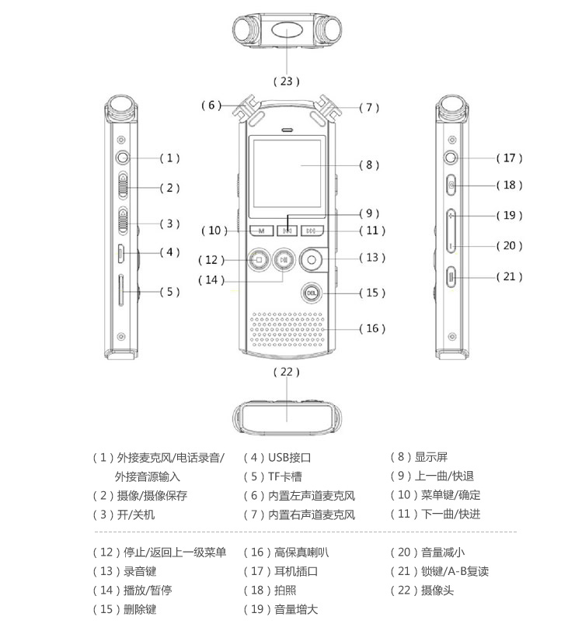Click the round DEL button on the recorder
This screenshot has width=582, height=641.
pos(311,293)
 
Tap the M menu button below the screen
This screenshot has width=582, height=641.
pos(261,230)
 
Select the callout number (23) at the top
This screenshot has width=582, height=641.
pos(287,81)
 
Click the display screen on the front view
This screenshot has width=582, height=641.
pos(287,175)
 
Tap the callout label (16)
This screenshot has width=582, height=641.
pos(371,328)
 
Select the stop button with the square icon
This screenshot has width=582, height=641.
pos(260,260)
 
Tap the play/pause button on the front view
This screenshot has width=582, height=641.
pos(285,260)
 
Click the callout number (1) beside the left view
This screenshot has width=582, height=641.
pos(170,158)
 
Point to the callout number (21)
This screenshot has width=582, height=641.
pos(509,276)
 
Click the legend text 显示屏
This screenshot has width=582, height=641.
pos(430,457)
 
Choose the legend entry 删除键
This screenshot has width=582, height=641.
pos(140,609)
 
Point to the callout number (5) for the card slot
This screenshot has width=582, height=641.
pos(169,292)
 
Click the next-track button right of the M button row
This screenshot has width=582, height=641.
pos(312,230)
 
